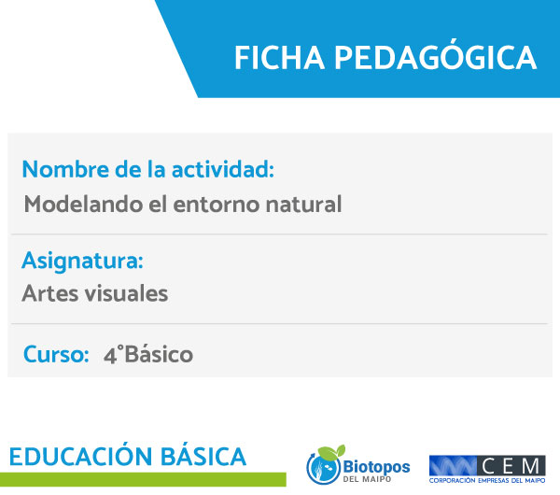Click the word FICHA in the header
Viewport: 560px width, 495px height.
point(279,58)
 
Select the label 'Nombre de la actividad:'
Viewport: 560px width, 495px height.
point(148,169)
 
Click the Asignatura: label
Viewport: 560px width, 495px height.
point(82,262)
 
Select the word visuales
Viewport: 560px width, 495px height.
point(126,293)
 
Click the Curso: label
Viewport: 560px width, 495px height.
point(56,354)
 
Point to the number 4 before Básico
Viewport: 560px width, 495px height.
point(110,356)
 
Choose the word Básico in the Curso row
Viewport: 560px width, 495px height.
point(159,354)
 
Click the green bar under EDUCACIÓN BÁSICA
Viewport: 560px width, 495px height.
point(143,479)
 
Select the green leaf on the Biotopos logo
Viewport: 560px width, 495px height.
point(331,452)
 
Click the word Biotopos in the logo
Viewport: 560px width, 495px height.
point(376,467)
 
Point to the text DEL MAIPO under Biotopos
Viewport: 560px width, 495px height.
point(367,479)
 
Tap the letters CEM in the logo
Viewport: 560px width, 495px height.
point(511,466)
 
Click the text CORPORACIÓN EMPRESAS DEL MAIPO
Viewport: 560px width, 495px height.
point(487,481)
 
